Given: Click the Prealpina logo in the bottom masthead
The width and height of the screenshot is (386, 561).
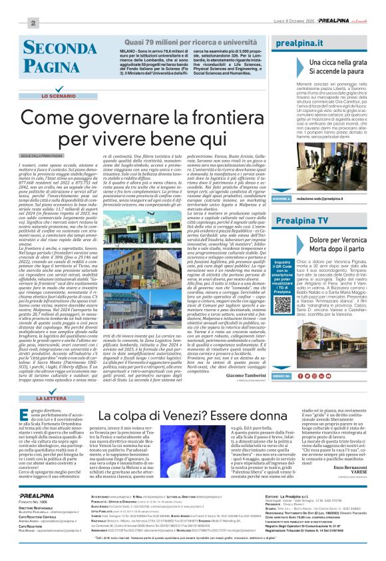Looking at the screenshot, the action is [37, 514].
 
